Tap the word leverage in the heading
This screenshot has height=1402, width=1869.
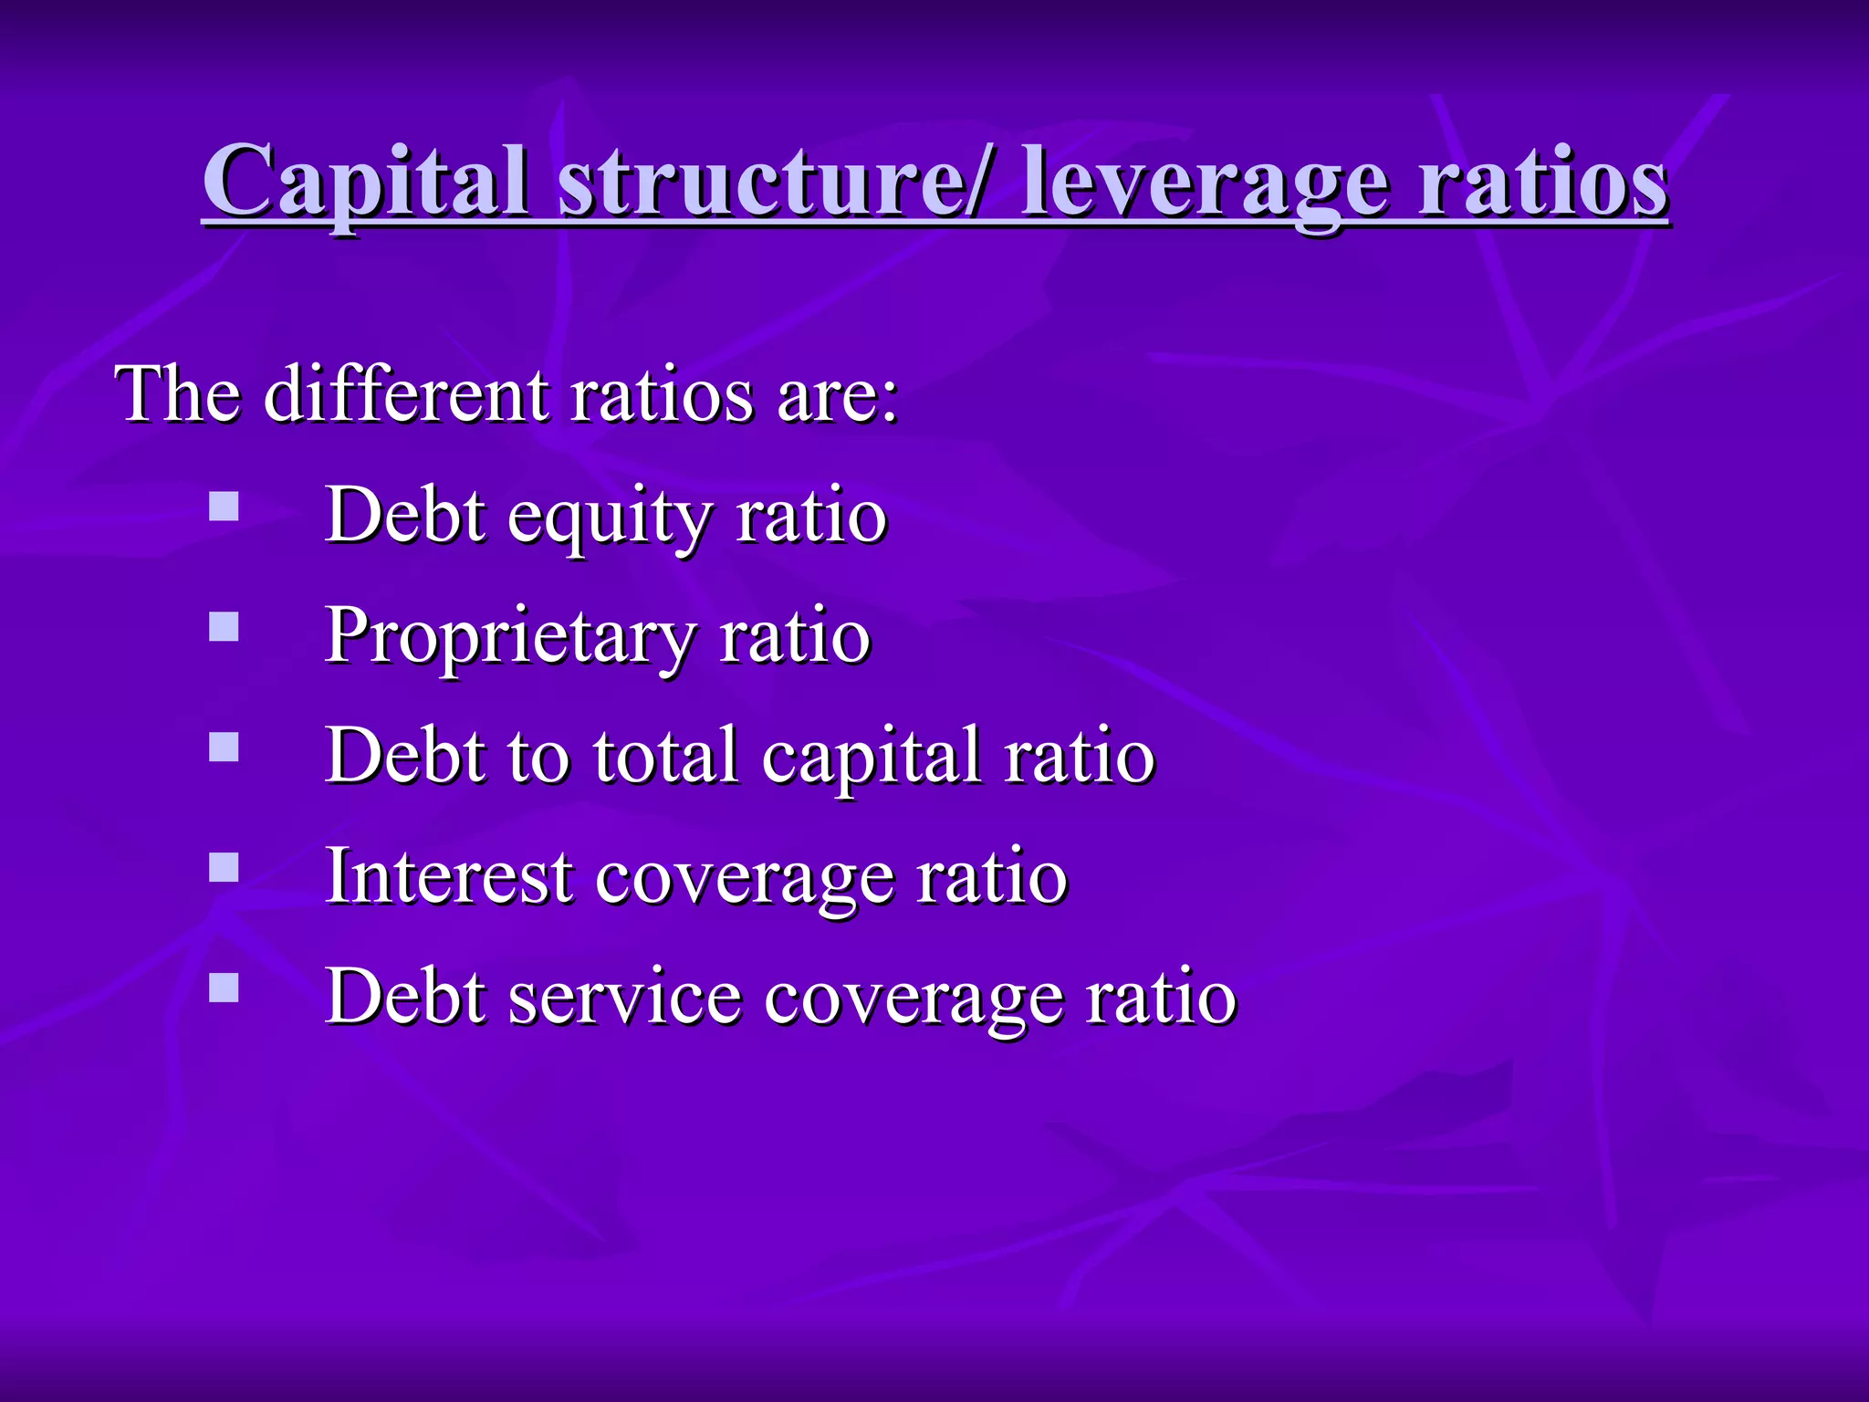click(x=1205, y=182)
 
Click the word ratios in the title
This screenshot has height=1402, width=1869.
click(x=1542, y=182)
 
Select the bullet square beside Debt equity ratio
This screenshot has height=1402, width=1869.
click(x=224, y=507)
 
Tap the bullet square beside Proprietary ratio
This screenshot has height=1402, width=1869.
click(x=224, y=627)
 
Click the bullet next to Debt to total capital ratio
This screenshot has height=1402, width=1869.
click(x=224, y=748)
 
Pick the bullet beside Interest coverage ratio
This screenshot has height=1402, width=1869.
click(x=224, y=867)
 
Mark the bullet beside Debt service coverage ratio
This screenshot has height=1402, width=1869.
click(x=224, y=988)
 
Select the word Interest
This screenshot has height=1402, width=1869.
click(x=448, y=876)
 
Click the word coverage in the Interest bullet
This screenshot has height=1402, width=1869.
click(x=744, y=880)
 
